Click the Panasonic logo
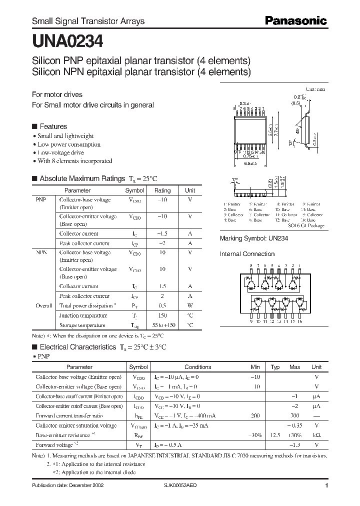[295, 20]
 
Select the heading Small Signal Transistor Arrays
[88, 21]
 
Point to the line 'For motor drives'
[57, 94]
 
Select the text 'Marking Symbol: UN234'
[253, 238]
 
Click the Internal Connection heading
[247, 254]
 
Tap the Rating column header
[162, 190]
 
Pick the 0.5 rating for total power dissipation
[162, 305]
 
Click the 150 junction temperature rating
[162, 315]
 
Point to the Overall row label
[43, 305]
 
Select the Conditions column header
[197, 367]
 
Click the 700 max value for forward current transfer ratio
[294, 415]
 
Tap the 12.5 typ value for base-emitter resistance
[275, 435]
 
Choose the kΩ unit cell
[316, 435]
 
